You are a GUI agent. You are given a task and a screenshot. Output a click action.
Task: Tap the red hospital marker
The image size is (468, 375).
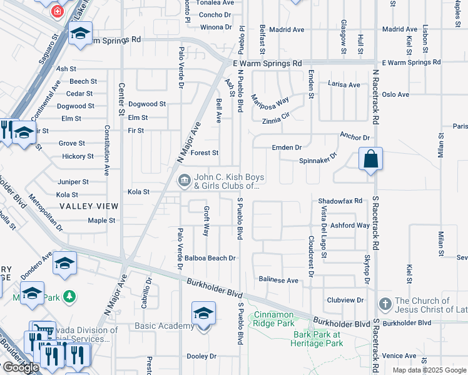click(58, 11)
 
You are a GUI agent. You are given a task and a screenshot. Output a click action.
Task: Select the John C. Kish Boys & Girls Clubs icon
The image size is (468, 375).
click(185, 181)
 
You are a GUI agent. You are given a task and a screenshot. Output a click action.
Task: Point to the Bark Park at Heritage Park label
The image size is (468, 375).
click(317, 339)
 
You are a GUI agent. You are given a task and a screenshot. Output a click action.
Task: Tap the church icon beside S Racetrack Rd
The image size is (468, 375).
click(385, 305)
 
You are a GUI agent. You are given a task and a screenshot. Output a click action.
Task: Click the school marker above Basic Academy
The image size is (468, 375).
click(203, 312)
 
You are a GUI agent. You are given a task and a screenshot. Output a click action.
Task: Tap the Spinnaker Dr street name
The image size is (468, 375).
click(318, 159)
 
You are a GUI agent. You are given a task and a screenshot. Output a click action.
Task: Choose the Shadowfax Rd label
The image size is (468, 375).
click(340, 201)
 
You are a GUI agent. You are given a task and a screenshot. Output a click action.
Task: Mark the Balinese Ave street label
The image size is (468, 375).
click(278, 281)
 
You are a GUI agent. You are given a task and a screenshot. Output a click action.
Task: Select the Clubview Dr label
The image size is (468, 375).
click(345, 300)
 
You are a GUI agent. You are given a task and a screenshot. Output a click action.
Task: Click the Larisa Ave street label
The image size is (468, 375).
click(343, 85)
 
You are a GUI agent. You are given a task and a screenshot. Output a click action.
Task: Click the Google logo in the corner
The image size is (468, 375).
click(20, 368)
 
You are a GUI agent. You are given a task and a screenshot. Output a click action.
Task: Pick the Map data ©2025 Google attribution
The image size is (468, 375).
click(429, 370)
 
